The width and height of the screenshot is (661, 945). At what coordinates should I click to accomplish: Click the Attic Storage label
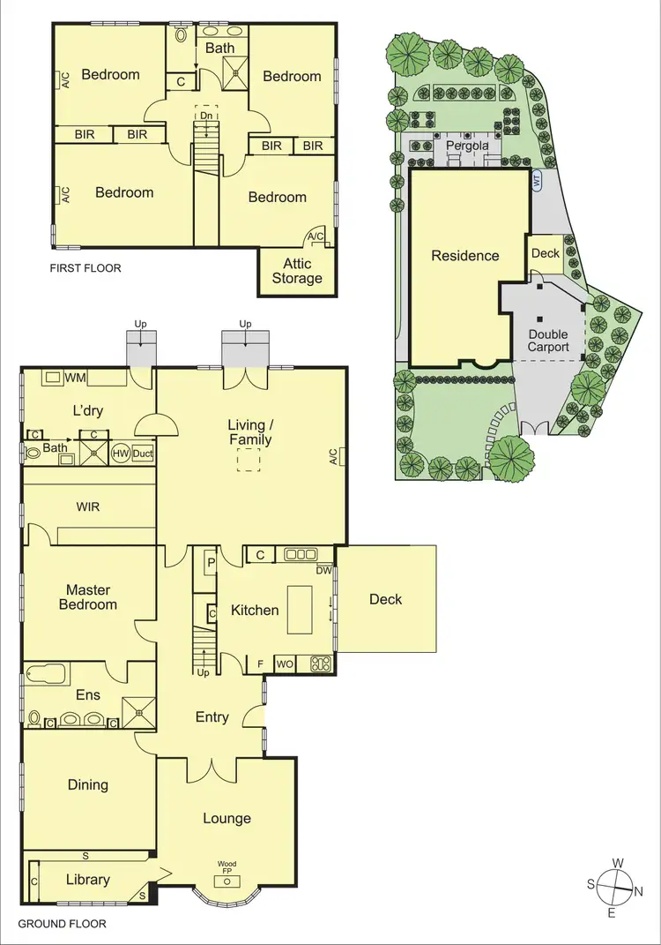click(297, 271)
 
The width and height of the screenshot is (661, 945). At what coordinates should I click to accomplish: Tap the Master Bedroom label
click(88, 597)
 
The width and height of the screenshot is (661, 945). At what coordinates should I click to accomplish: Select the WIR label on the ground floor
click(88, 506)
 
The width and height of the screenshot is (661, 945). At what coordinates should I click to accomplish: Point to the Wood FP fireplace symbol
click(227, 880)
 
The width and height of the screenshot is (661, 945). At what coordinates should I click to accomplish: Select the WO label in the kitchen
click(286, 664)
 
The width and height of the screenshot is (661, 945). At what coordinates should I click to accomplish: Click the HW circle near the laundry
click(121, 454)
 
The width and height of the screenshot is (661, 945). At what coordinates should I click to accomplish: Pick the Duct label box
click(143, 454)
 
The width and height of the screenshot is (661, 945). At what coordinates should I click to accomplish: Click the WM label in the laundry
click(74, 378)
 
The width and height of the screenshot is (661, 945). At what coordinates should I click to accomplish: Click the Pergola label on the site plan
click(466, 145)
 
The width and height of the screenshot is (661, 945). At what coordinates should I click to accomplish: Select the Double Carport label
click(548, 341)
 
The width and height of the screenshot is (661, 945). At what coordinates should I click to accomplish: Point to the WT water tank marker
click(535, 180)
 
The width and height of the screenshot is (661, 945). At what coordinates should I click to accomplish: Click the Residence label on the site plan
click(464, 256)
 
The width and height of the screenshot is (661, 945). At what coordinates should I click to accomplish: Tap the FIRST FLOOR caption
click(85, 267)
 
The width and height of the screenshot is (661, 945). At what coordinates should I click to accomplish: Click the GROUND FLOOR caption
click(62, 924)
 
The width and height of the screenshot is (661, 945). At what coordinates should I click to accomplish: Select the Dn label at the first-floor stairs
click(205, 115)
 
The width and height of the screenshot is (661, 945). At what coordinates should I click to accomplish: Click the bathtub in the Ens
click(47, 675)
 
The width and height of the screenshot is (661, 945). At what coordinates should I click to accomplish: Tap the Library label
click(88, 879)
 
